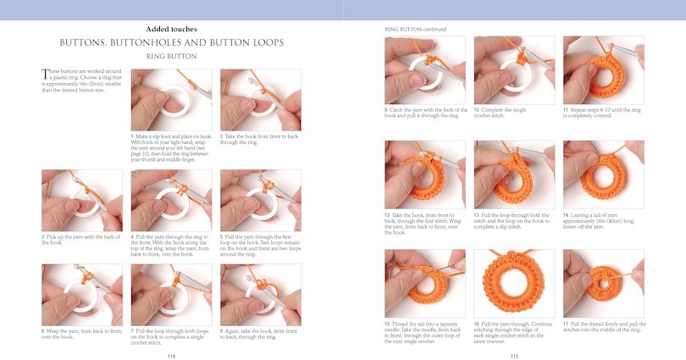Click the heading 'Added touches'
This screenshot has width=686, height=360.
click(x=171, y=29)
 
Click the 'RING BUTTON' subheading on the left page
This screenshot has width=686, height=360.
click(x=171, y=56)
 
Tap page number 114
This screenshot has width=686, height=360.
click(x=171, y=355)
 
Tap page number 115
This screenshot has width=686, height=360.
click(x=514, y=355)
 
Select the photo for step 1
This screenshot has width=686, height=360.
click(x=171, y=99)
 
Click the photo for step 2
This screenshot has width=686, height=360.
click(x=260, y=99)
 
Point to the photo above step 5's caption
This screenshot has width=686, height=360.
click(x=260, y=200)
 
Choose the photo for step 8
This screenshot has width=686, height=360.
click(x=260, y=294)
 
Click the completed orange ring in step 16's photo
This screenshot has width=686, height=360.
click(x=514, y=283)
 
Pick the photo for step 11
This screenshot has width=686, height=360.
click(x=602, y=69)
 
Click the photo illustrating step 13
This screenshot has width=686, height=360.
click(x=514, y=174)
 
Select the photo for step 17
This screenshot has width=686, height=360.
click(x=602, y=283)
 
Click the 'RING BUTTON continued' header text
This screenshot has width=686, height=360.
click(x=415, y=28)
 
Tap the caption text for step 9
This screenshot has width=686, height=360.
click(x=423, y=113)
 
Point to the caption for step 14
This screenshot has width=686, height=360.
click(x=602, y=219)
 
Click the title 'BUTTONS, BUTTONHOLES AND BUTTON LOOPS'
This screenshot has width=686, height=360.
click(x=171, y=42)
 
